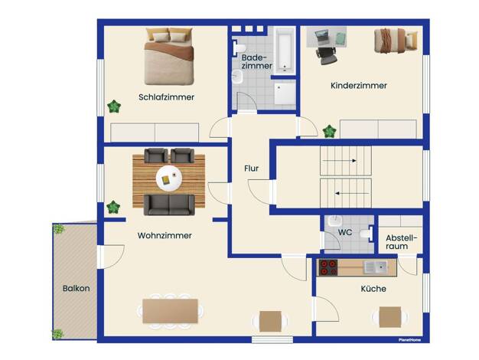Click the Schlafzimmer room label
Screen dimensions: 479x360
167,97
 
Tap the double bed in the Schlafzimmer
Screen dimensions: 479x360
169,57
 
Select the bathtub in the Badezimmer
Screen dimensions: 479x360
284,51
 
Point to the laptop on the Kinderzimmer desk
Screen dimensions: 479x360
321,37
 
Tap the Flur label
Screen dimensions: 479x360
252,169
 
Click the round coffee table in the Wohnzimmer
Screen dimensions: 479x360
169,178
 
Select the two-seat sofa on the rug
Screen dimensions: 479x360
169,205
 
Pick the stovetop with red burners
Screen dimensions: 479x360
328,267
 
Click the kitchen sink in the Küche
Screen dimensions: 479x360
376,267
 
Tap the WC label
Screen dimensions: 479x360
345,232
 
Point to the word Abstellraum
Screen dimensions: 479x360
401,242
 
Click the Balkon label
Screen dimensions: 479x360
76,289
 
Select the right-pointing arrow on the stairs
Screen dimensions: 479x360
340,161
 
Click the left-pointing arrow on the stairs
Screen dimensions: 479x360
352,193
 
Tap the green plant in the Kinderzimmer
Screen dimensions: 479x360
330,131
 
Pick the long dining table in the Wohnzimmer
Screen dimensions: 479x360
170,311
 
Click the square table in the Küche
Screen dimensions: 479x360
390,317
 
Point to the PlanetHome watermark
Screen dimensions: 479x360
409,340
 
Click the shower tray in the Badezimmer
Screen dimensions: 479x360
285,94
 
